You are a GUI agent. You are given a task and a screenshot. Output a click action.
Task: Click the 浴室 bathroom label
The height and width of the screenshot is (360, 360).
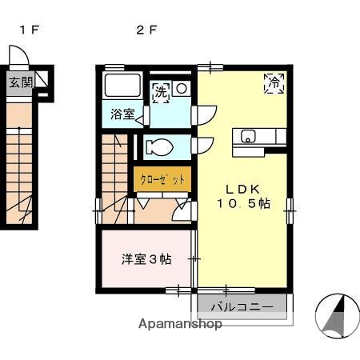point(122,114)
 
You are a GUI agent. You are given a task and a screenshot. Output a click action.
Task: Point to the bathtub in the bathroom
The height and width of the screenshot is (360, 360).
point(122,86)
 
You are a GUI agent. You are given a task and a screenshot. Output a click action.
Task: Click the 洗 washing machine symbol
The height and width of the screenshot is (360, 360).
point(161,91)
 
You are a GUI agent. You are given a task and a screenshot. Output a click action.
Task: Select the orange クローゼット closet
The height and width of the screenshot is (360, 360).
point(162,179)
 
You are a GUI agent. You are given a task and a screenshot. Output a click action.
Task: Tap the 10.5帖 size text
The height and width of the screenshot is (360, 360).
point(242,204)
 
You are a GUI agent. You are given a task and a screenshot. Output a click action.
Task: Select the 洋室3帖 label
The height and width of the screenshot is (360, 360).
point(146,258)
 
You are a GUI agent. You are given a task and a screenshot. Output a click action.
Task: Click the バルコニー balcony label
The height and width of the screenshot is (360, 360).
point(242,306)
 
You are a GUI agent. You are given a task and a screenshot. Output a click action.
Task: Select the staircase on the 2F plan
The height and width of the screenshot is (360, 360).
point(114,172)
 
